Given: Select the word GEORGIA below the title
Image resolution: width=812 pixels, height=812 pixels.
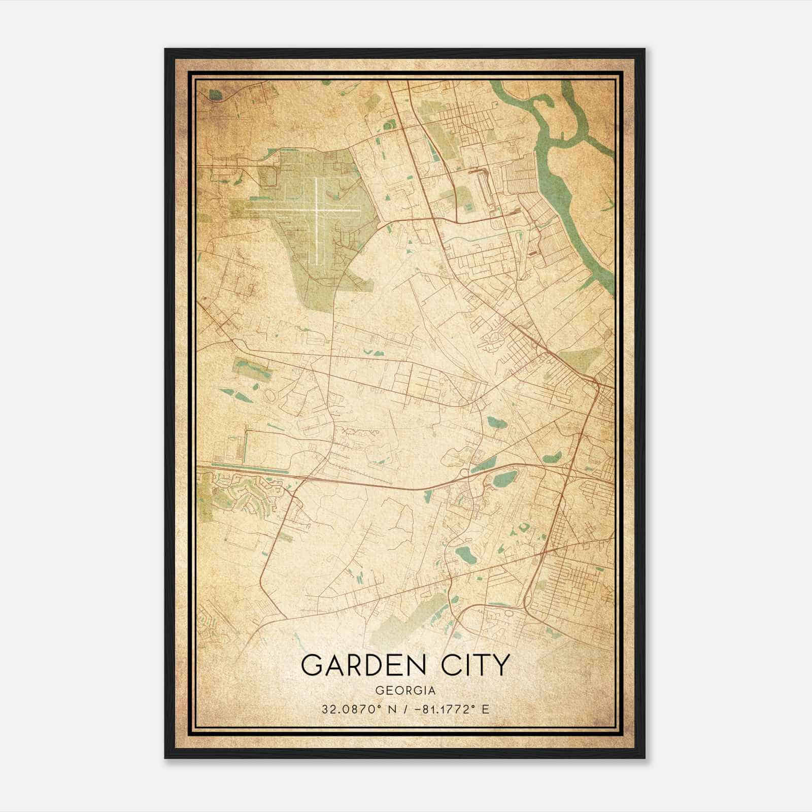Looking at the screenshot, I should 405,691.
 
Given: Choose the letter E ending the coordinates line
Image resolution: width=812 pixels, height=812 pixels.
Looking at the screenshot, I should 486,709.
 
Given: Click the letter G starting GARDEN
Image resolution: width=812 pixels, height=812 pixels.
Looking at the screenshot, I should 311,665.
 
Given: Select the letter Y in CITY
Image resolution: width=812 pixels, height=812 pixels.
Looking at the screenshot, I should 499,665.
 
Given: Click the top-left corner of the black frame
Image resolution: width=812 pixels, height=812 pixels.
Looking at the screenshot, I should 165,49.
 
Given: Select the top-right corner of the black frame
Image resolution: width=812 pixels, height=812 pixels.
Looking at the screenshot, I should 645,49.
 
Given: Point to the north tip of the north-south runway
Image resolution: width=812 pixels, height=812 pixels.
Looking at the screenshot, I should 317,178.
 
